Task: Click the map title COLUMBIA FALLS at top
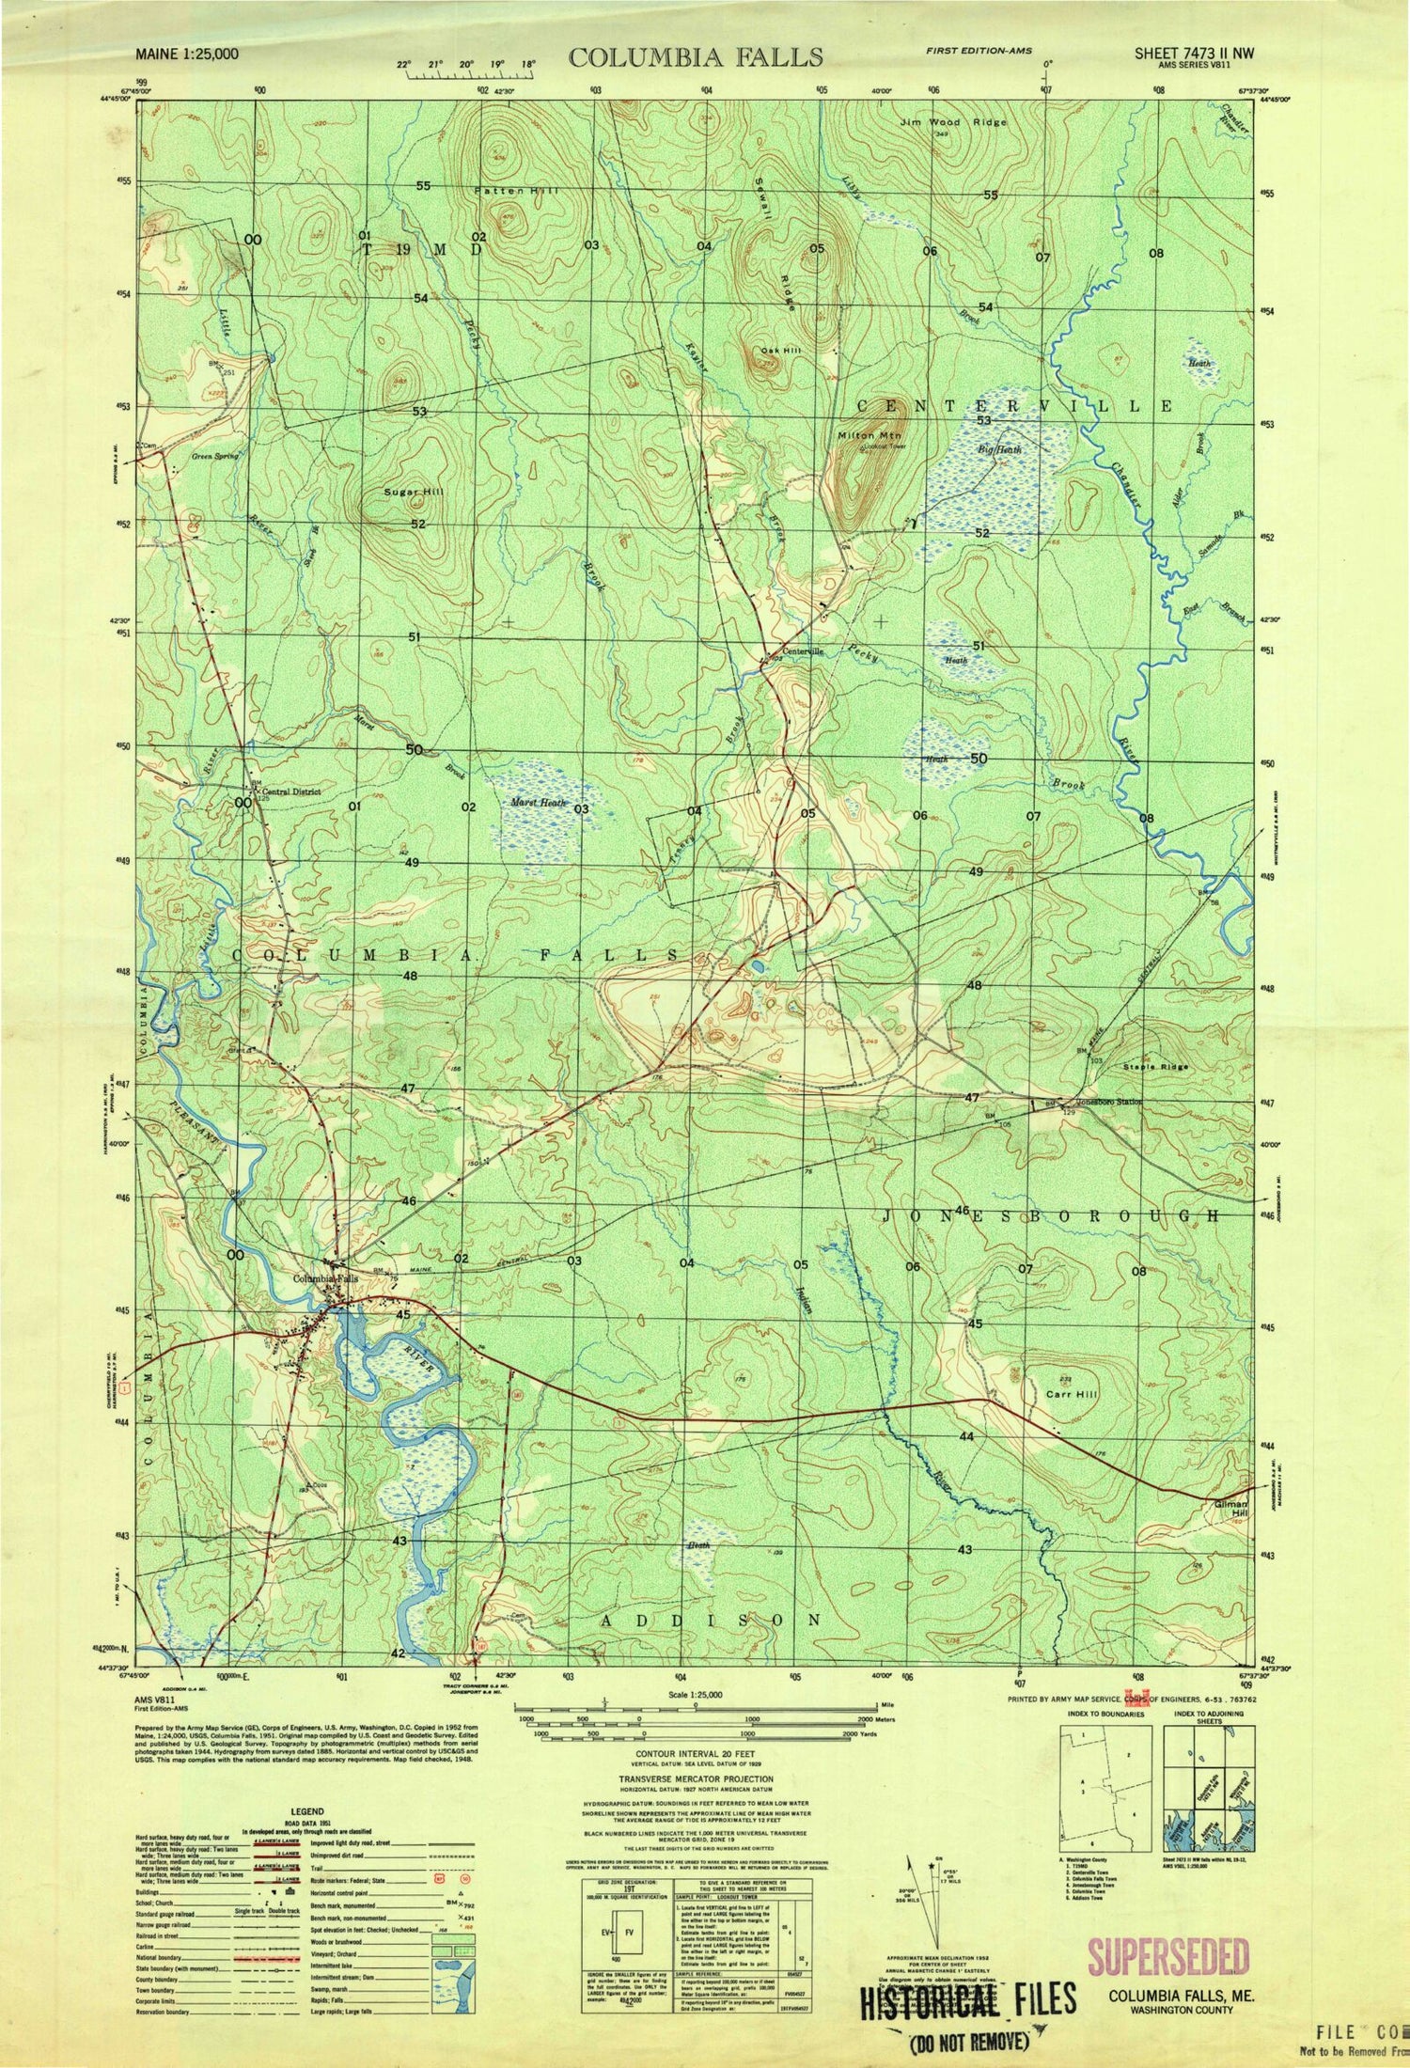click(696, 57)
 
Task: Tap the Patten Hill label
click(516, 191)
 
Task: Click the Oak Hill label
click(781, 350)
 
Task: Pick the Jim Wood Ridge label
click(952, 122)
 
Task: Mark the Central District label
click(291, 791)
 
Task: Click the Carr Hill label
click(1072, 1394)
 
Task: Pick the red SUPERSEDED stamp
click(1168, 1959)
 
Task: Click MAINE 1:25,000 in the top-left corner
click(188, 55)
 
